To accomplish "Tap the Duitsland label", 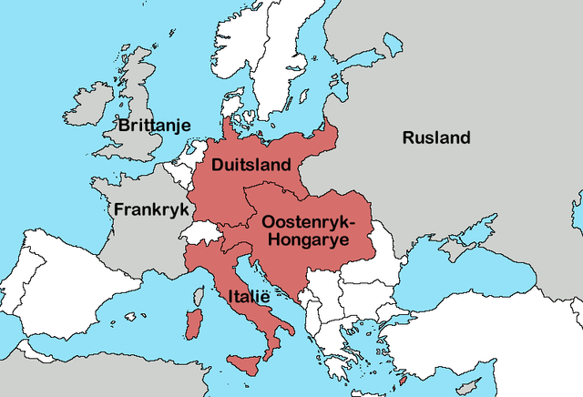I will [251, 165].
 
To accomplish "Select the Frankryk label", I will [150, 209].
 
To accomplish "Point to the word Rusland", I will [436, 137].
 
